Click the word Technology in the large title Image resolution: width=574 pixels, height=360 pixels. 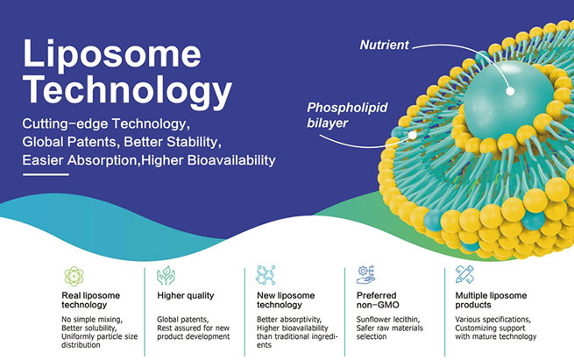click(x=128, y=89)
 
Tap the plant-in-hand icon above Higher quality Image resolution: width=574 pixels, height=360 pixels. click(x=165, y=274)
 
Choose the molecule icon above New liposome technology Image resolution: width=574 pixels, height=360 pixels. click(x=263, y=274)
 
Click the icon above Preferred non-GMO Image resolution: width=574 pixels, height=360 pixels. click(x=364, y=274)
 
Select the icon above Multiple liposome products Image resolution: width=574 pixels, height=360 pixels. click(x=464, y=274)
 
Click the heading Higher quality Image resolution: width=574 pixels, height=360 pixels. click(x=185, y=296)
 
